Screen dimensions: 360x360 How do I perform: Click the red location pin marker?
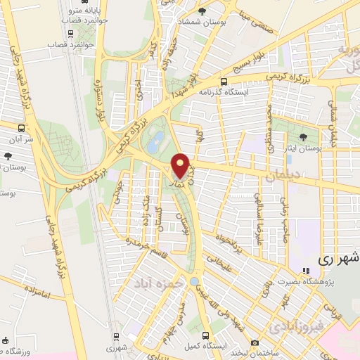[180, 165]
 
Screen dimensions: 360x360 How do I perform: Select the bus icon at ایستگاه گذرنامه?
[224, 81]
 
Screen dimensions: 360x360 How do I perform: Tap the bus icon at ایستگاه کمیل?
[205, 335]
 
